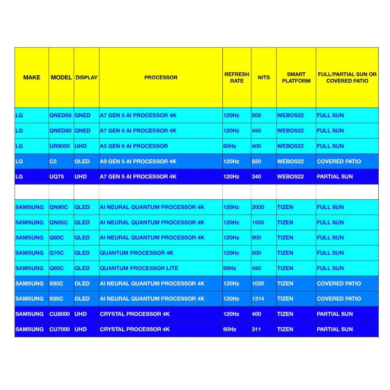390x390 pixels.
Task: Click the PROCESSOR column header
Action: [x=161, y=78]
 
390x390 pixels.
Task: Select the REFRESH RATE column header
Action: [x=237, y=78]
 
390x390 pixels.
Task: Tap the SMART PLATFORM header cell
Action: [x=296, y=78]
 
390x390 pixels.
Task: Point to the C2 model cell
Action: [x=53, y=161]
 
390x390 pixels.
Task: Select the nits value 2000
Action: [x=258, y=207]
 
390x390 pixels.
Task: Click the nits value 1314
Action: [x=258, y=299]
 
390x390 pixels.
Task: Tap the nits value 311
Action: [x=257, y=329]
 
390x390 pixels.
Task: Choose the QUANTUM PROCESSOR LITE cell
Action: [x=139, y=268]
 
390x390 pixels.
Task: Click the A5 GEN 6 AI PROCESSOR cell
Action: [x=134, y=146]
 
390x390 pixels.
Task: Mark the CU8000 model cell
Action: [x=60, y=314]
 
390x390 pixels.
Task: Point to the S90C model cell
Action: [x=57, y=284]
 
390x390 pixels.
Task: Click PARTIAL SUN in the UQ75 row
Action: [x=335, y=177]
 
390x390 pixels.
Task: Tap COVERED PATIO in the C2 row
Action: [x=339, y=161]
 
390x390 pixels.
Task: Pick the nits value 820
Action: [x=257, y=161]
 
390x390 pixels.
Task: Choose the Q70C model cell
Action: [x=57, y=253]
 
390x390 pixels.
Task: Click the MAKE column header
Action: [x=32, y=78]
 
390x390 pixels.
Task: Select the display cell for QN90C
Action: [x=82, y=207]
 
